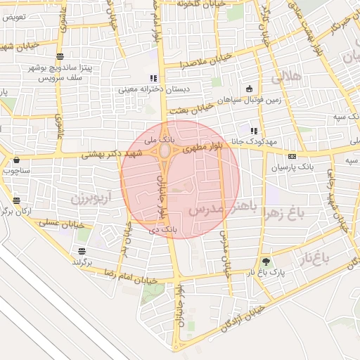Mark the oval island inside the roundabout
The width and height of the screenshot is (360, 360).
click(x=165, y=150)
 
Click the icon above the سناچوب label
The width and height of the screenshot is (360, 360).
click(x=15, y=160)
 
